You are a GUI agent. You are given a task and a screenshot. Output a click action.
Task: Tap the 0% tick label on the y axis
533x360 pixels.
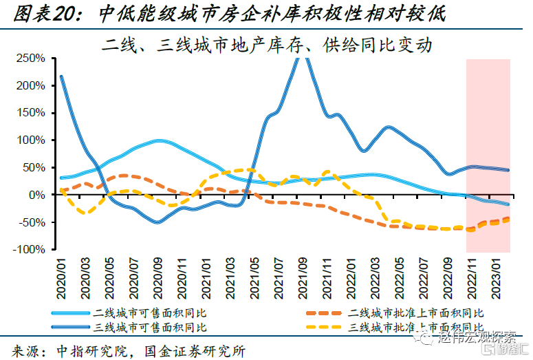[x=39, y=195]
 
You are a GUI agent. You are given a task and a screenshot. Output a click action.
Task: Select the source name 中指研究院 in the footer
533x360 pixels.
[x=89, y=350]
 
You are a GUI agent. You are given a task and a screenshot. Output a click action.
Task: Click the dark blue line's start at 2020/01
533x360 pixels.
[x=61, y=76]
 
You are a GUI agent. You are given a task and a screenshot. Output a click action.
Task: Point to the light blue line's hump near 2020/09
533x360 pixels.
[x=159, y=140]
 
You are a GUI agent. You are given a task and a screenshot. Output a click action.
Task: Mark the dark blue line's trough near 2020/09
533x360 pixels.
[x=157, y=222]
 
